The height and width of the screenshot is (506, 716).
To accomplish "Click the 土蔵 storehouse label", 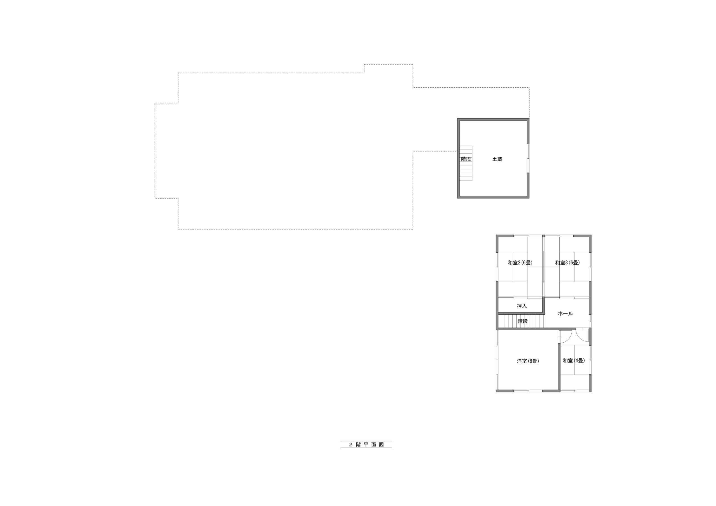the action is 497,159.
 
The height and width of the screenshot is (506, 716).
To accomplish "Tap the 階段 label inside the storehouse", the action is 466,159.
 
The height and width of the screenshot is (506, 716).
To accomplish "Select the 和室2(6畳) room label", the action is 520,263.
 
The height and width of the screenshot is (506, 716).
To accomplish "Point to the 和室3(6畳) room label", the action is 567,263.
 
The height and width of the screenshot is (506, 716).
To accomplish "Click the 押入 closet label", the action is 522,306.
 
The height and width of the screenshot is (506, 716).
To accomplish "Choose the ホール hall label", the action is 565,314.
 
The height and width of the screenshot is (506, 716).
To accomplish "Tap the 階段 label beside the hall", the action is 523,321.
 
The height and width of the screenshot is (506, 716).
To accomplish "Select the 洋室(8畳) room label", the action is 528,361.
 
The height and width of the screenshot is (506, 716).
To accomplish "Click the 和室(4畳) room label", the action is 574,361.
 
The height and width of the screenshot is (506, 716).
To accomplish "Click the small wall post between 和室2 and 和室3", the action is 543,236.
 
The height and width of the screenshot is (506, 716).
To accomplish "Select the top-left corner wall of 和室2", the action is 499,240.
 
